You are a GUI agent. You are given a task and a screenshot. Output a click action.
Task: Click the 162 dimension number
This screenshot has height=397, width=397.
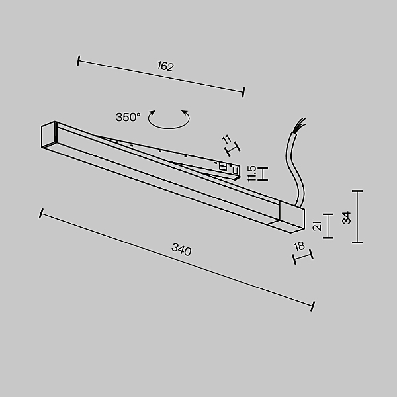pos(165,66)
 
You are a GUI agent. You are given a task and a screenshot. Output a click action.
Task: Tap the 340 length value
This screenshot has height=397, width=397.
pos(181,249)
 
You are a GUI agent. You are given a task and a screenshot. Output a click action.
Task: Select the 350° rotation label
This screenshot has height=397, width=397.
pos(128,117)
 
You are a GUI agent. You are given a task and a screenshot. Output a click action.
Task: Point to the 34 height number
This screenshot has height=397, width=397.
pos(346,218)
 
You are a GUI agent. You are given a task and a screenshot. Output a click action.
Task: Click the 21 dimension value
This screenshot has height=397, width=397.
pos(317,226)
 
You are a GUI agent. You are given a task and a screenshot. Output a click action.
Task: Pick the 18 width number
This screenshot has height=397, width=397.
pos(299,246)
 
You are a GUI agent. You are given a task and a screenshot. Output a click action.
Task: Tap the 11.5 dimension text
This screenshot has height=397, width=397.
pos(252,173)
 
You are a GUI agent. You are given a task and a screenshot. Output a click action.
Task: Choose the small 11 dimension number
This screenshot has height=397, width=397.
pos(226,139)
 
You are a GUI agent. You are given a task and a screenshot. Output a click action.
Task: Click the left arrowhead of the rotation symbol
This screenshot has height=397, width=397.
pos(152,112)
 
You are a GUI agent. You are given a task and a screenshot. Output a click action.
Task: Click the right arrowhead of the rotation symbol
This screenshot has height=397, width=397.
pos(185,112)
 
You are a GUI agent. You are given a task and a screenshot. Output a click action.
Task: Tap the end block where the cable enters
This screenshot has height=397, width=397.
pos(292,216)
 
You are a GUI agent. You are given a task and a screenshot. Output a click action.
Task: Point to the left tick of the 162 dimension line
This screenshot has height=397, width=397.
pos(79,60)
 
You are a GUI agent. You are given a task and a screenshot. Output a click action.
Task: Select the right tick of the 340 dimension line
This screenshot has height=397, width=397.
pos(313,306)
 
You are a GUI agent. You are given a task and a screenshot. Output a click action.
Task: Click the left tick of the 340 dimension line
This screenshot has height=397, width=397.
pos(41,214)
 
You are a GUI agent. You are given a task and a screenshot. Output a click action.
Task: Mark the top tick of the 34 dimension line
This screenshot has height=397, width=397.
pos(357,191)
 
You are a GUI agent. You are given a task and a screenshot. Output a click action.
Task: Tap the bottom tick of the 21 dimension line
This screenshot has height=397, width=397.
pos(328,238)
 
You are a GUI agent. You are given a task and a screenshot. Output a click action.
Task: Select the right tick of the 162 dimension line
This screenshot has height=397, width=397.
pos(243,92)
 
